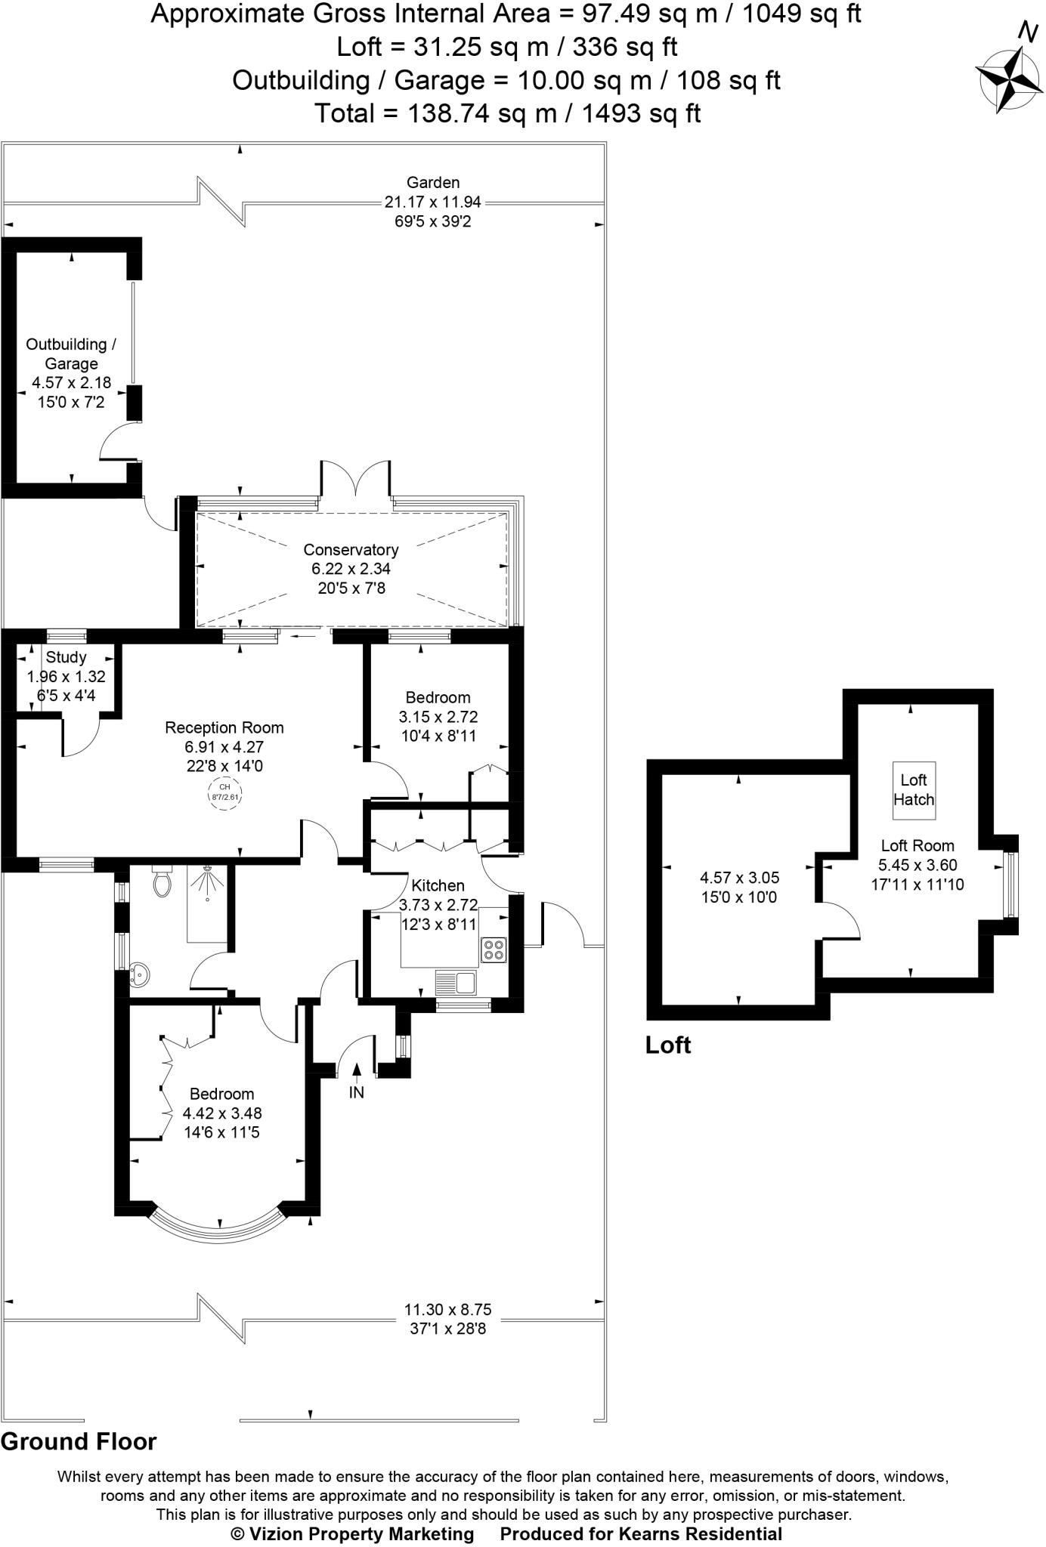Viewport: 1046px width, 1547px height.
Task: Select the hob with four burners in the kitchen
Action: point(494,949)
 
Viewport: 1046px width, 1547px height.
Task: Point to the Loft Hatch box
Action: point(914,789)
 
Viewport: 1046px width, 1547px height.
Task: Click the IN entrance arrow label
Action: point(356,1092)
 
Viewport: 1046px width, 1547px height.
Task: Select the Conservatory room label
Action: point(351,549)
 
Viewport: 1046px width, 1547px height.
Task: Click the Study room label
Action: point(67,656)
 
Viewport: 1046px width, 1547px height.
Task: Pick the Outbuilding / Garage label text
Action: point(71,354)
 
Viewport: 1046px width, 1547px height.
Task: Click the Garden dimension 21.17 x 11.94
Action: point(432,202)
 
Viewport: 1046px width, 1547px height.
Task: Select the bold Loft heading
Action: point(668,1045)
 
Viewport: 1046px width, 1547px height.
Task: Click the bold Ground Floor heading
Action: point(79,1441)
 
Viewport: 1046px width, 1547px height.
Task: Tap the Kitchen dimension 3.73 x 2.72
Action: point(438,904)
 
